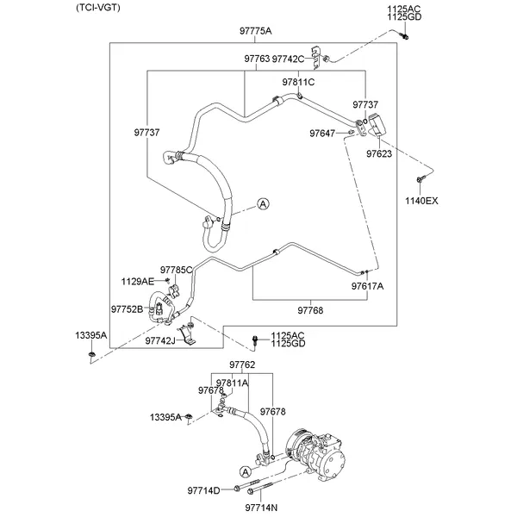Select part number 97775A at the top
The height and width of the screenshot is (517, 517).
[255, 31]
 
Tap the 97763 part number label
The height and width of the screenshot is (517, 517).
[256, 59]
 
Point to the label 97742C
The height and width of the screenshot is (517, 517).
[288, 59]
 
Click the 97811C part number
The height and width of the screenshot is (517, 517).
[298, 82]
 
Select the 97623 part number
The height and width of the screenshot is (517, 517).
[378, 153]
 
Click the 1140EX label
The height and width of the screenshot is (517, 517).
[421, 201]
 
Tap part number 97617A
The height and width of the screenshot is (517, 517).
[367, 285]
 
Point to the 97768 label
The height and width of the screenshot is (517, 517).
[310, 308]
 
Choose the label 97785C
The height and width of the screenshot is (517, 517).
[176, 270]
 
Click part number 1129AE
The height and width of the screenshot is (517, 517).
[137, 281]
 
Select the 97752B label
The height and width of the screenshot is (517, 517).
[127, 308]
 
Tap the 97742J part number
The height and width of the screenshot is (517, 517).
[159, 340]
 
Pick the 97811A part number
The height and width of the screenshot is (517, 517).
[232, 383]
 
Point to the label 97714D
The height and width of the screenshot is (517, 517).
[203, 490]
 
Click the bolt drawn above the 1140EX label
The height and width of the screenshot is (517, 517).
[419, 180]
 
